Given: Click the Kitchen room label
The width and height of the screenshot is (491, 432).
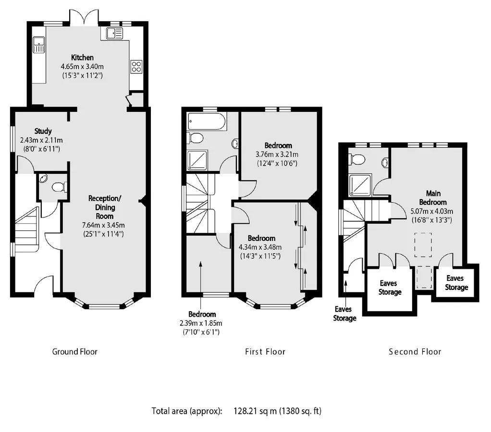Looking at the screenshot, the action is tap(82, 58).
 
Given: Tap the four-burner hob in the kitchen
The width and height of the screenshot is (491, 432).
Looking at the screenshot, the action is tap(136, 66).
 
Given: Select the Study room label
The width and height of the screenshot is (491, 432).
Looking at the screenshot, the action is tap(43, 131).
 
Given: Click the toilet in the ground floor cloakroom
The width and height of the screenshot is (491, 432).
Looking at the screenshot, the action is tap(59, 187).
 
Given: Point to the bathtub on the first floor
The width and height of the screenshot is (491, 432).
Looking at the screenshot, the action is tap(207, 121).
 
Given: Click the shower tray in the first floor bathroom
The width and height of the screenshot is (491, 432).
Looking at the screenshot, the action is tap(197, 160).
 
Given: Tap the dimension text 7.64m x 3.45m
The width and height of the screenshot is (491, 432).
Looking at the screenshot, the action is tap(103, 225).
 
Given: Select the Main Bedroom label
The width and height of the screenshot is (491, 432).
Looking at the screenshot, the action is tap(433, 198).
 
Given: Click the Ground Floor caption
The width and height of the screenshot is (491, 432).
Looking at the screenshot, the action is tap(75, 352).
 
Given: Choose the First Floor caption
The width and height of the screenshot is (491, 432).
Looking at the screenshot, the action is tap(265, 352).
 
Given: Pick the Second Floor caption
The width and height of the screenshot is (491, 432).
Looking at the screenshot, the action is tap(415, 352).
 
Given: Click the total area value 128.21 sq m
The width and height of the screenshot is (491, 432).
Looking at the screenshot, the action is tap(255, 411).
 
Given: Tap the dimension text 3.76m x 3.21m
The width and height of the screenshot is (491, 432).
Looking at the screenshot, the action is tap(277, 154).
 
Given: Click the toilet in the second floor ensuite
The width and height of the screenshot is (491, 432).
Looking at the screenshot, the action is tap(356, 159).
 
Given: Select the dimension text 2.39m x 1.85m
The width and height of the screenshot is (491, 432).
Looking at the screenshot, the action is tap(201, 323).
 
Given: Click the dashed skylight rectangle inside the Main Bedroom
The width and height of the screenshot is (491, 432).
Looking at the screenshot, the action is tap(423, 245).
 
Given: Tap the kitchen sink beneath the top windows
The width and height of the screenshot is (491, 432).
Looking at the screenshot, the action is tap(115, 34).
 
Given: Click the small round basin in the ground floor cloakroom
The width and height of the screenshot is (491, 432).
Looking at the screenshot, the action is tap(43, 178).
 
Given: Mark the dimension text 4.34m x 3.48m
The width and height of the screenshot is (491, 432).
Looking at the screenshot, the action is tap(260, 247).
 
